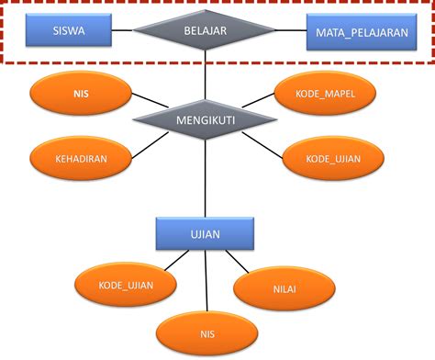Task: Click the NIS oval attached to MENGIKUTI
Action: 80,94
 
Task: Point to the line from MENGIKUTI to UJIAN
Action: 205,179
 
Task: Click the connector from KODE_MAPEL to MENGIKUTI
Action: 259,106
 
